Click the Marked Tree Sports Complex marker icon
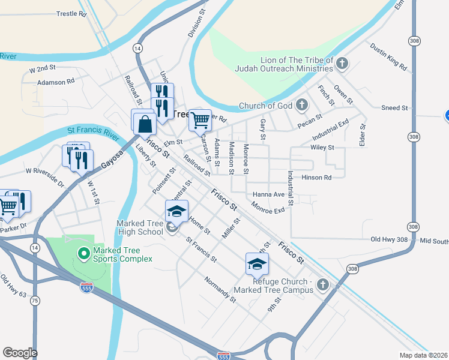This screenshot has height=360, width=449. point(83,253)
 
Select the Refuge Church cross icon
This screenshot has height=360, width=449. point(324,284)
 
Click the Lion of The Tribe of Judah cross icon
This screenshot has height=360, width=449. point(342,63)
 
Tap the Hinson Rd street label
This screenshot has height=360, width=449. point(317,178)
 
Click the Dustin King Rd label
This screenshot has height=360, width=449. point(388,55)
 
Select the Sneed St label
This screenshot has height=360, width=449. point(394,108)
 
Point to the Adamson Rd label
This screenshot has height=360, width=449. point(56,81)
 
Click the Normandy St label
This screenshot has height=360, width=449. point(220,289)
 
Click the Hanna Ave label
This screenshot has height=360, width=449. point(268,194)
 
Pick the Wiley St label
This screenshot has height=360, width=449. point(322,147)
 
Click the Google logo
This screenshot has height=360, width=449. point(19,352)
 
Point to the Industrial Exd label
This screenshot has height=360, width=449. point(330,126)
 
